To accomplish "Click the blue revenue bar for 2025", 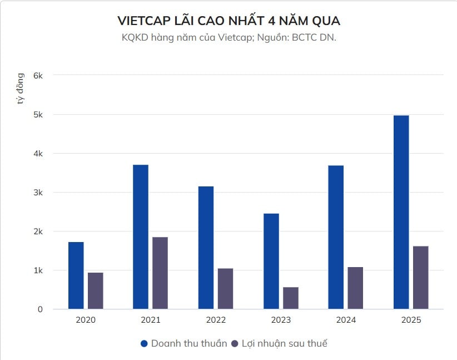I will pyautogui.click(x=401, y=212).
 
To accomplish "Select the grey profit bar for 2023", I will pyautogui.click(x=290, y=298).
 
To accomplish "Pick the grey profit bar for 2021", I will pyautogui.click(x=160, y=273).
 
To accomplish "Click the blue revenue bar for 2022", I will pyautogui.click(x=206, y=248).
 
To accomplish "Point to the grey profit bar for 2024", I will pyautogui.click(x=355, y=288).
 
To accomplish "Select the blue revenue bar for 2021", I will pyautogui.click(x=141, y=237).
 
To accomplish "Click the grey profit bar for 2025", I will pyautogui.click(x=420, y=278).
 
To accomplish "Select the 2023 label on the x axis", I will pyautogui.click(x=281, y=320).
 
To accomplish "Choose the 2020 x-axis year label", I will pyautogui.click(x=86, y=320).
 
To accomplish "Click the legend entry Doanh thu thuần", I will pyautogui.click(x=189, y=343).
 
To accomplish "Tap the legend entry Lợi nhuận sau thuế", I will pyautogui.click(x=284, y=343).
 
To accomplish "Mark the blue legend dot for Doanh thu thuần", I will pyautogui.click(x=145, y=343).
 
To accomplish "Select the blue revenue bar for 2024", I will pyautogui.click(x=336, y=237).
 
